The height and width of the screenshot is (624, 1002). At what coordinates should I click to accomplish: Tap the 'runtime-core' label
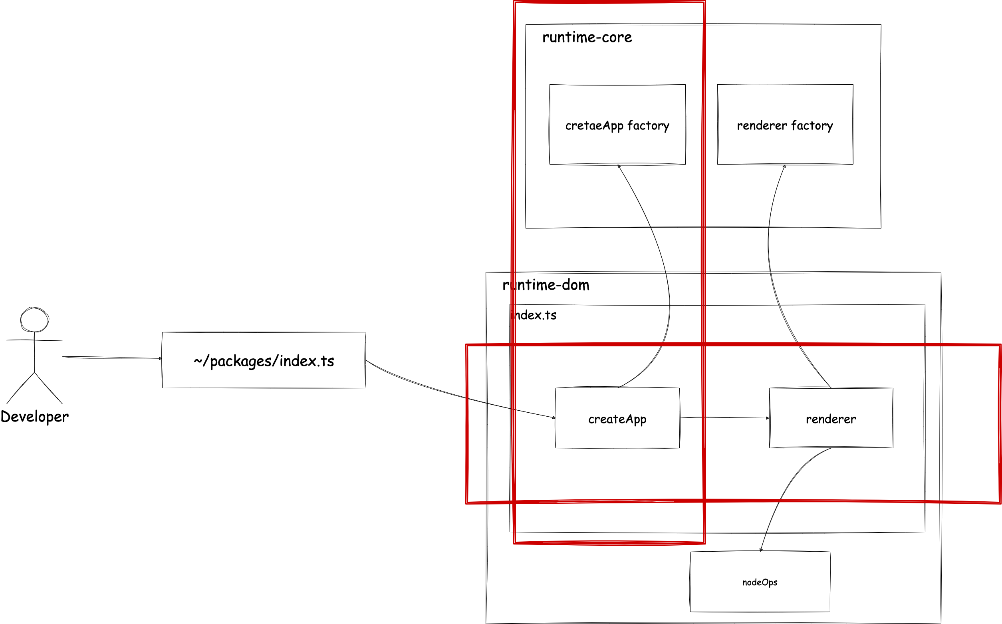tap(587, 38)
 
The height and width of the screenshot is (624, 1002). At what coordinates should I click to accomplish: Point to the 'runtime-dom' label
tap(546, 285)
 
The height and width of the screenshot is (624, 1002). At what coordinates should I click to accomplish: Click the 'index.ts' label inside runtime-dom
tap(534, 315)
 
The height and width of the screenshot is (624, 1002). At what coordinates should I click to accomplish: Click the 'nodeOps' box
tap(760, 582)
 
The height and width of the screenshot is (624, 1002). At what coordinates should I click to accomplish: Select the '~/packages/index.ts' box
tap(264, 361)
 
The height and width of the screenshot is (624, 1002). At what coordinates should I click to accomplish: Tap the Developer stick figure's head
tap(34, 320)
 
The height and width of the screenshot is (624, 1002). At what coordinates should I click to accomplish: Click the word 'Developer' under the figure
tap(35, 417)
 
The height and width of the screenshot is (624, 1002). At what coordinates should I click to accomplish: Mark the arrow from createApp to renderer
tap(724, 417)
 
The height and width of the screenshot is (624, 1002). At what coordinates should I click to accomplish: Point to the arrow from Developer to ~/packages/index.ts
tap(111, 358)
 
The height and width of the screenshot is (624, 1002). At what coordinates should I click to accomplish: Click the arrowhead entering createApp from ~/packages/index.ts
tap(554, 417)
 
